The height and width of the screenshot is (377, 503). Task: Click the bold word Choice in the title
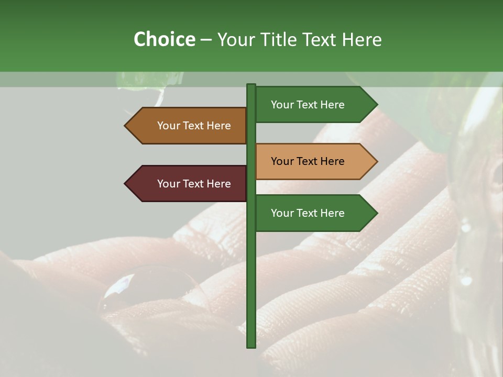pos(164,40)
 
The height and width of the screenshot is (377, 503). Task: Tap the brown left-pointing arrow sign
pos(189,126)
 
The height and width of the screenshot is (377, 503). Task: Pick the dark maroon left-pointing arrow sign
pos(189,184)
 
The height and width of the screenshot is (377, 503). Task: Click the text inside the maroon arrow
pos(194,184)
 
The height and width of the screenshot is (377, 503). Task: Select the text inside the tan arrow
pos(308,161)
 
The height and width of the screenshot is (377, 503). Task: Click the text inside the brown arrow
pos(194,126)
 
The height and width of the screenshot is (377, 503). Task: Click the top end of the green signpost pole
pos(251,86)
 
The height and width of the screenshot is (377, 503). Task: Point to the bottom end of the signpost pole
pos(251,346)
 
